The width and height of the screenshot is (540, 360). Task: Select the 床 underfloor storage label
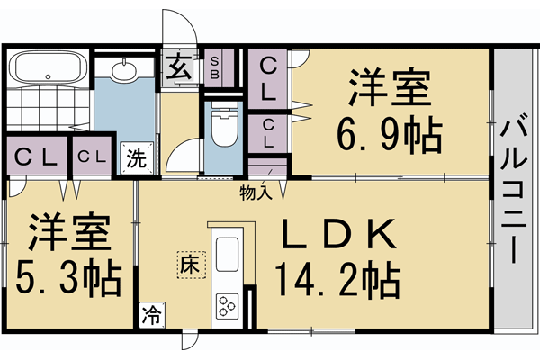(x=190, y=264)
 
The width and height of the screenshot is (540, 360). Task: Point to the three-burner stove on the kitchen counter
(x=227, y=306)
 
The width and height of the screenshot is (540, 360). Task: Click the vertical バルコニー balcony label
(x=516, y=189)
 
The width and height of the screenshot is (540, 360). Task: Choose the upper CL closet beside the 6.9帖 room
(x=268, y=77)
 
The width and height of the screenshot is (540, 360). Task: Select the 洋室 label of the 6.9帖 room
(x=389, y=91)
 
